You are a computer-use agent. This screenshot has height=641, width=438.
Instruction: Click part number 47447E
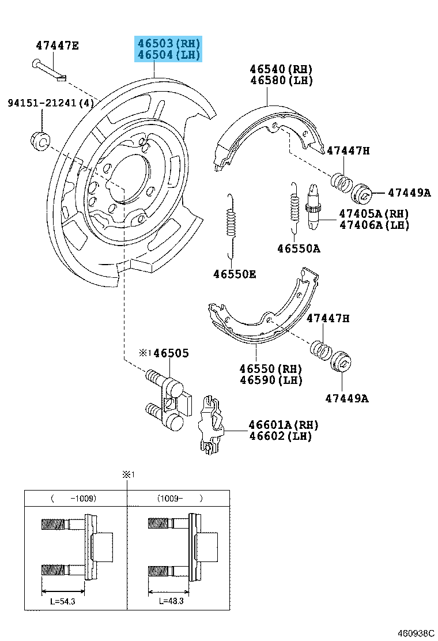pos(57,46)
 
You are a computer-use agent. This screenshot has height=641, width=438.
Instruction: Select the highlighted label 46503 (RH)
pos(168,43)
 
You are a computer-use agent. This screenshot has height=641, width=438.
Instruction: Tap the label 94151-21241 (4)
pos(51,103)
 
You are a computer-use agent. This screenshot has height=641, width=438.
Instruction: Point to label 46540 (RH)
pos(281,69)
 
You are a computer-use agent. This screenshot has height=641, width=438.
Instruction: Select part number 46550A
pos(298,248)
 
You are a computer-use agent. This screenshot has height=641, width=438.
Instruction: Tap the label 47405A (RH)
pos(373,213)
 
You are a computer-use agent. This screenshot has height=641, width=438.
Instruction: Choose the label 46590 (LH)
pos(271,380)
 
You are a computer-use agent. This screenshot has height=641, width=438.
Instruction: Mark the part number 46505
pos(171,353)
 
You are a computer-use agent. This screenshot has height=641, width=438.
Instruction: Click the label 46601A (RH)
pos(283,425)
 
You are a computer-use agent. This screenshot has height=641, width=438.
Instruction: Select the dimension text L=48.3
pos(171,601)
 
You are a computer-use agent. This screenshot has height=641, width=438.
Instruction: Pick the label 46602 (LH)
pos(280,436)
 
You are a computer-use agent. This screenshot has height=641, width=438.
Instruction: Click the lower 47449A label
pos(346,398)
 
